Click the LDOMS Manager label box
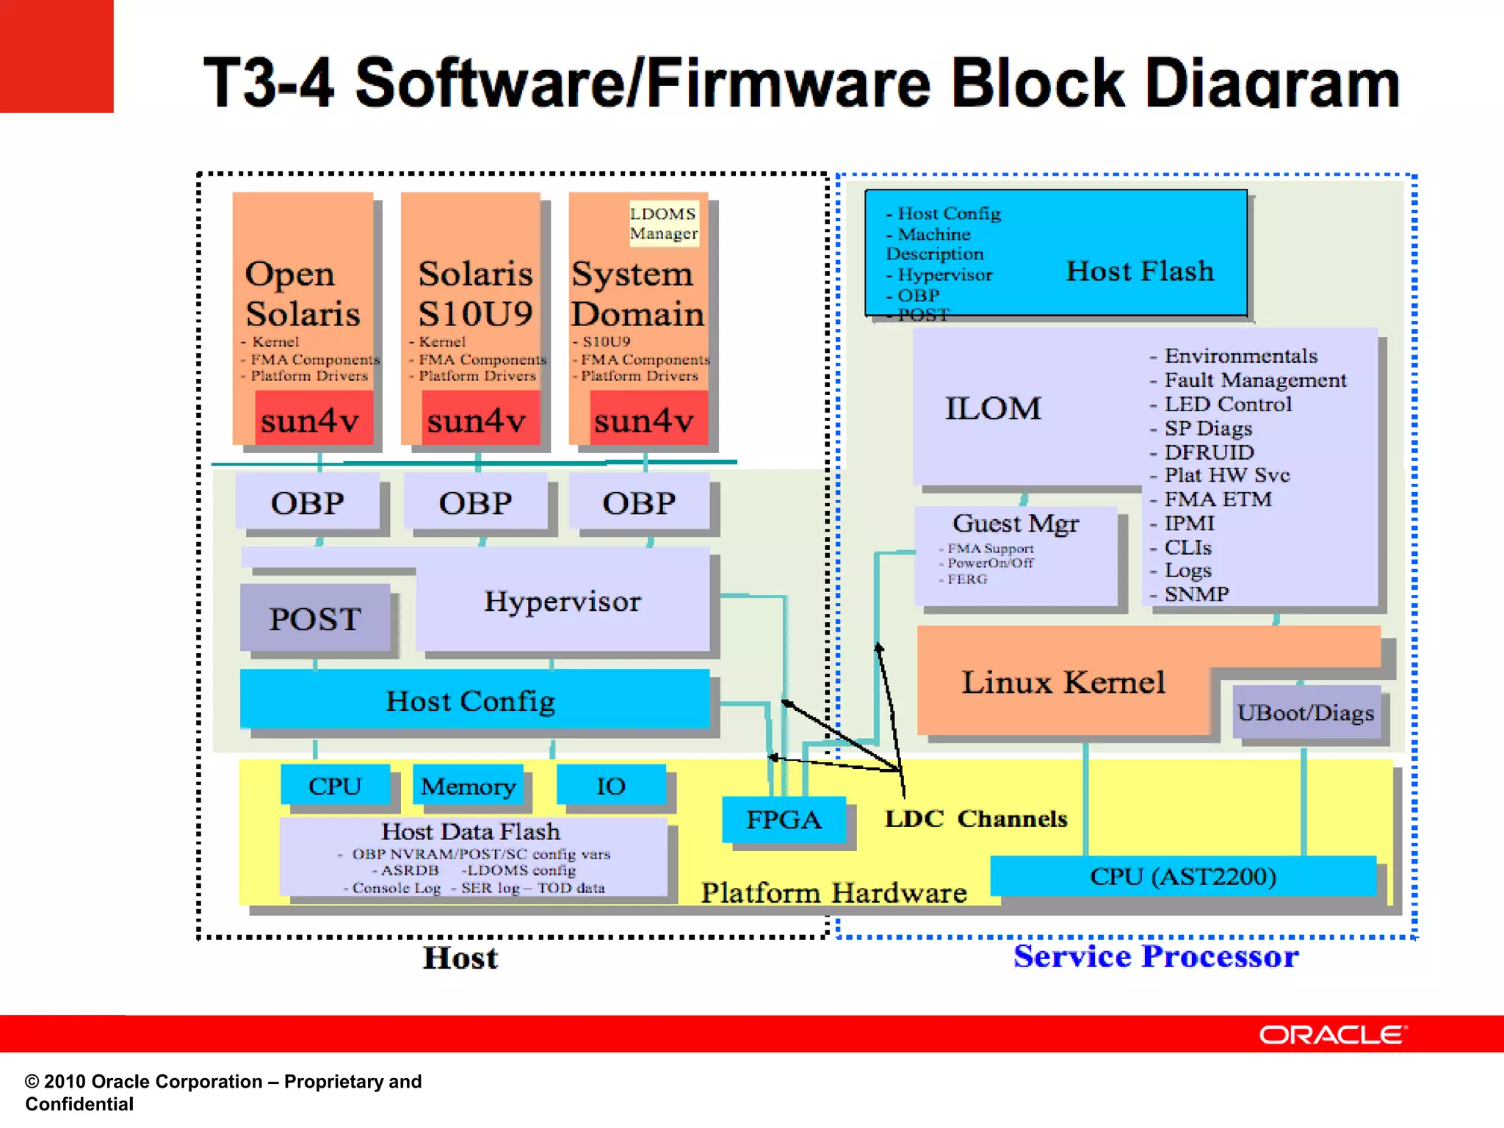click(x=663, y=223)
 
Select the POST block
click(x=315, y=618)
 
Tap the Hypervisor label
click(x=563, y=601)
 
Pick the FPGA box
click(x=784, y=819)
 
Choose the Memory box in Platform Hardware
click(x=468, y=786)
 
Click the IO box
click(x=611, y=786)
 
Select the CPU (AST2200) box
click(x=1182, y=876)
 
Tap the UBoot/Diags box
click(x=1305, y=712)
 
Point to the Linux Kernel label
click(x=1063, y=682)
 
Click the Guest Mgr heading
click(x=1016, y=523)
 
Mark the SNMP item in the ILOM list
click(x=1196, y=593)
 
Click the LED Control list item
click(x=1228, y=404)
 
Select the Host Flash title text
click(x=1140, y=271)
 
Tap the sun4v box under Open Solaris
click(x=311, y=419)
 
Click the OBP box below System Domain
click(x=639, y=503)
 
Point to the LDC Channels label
click(x=975, y=818)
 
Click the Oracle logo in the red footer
click(x=1332, y=1035)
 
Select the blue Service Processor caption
click(x=1155, y=956)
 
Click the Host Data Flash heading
click(x=471, y=831)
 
